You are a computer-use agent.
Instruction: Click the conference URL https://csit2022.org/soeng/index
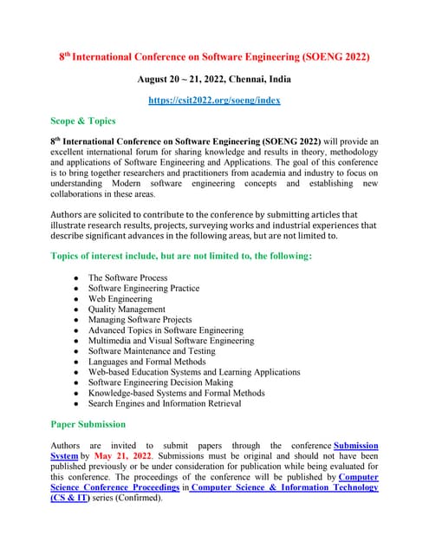tap(214, 101)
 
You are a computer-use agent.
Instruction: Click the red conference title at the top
tap(214, 57)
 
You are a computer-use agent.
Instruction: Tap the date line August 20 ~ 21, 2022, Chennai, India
tap(214, 79)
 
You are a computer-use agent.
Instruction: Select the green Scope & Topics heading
tap(83, 121)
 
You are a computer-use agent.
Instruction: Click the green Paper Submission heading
tap(88, 424)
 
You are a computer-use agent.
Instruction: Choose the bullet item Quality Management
tap(127, 309)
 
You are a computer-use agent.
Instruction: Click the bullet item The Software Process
tap(128, 277)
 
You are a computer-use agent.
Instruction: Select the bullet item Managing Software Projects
tap(140, 319)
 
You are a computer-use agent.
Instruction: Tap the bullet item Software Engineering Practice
tap(144, 288)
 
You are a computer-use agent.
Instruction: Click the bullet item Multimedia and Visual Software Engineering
tap(172, 340)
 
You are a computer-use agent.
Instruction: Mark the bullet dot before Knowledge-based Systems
tap(77, 393)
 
